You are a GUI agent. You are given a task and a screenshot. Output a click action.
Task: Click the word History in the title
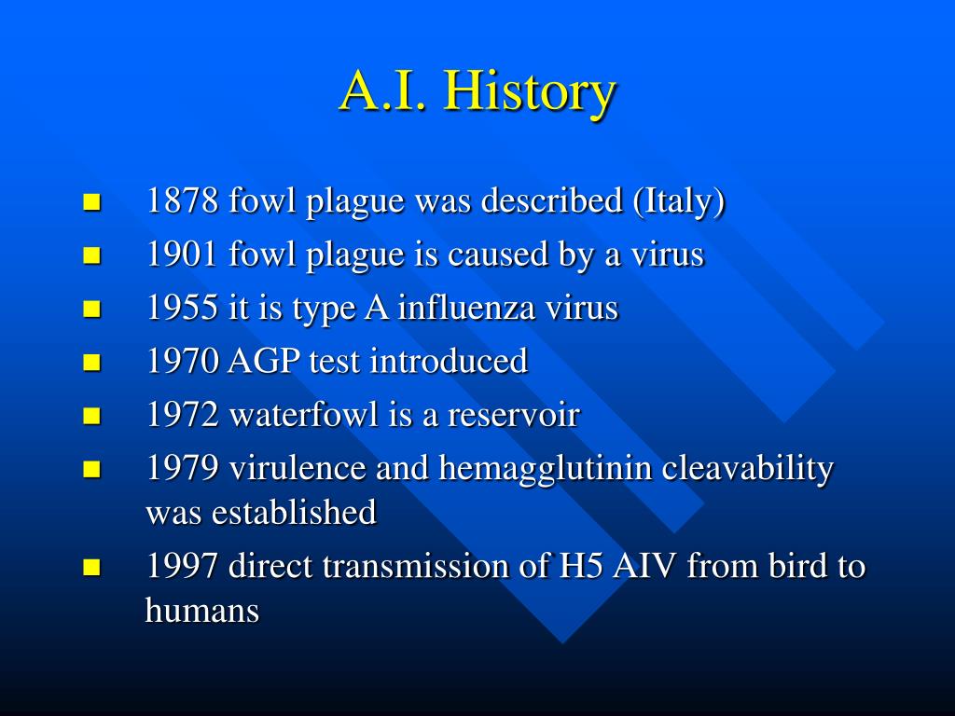(530, 91)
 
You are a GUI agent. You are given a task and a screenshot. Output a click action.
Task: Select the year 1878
(182, 200)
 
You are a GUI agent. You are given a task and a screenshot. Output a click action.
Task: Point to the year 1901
(182, 254)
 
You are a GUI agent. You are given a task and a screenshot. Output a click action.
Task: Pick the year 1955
(182, 308)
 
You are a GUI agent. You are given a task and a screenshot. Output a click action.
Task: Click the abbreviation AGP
(264, 361)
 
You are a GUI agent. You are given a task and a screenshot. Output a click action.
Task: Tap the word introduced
(449, 360)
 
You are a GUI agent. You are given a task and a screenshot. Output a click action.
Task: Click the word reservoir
(514, 415)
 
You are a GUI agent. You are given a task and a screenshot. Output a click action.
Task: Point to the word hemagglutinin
(545, 470)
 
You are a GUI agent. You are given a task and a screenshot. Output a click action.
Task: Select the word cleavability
(748, 470)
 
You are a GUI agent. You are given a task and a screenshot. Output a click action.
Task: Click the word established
(294, 512)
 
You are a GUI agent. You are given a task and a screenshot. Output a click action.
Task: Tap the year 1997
(182, 566)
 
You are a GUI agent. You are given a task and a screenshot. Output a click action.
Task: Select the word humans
(202, 610)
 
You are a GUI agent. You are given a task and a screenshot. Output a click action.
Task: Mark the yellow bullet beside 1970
(91, 363)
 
